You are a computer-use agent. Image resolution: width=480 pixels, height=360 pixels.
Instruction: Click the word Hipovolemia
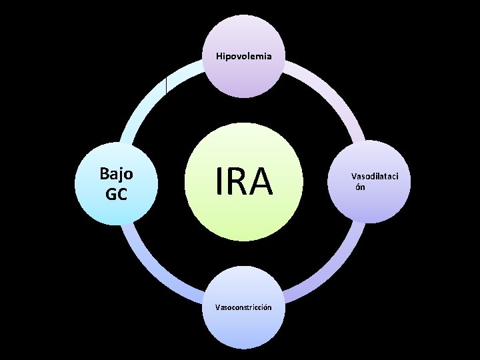[x=243, y=56]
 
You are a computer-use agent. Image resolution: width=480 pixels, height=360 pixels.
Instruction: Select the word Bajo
[x=116, y=174]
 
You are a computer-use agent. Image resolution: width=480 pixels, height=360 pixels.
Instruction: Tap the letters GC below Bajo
[x=116, y=194]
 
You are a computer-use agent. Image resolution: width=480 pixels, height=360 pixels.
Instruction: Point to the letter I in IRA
[x=219, y=181]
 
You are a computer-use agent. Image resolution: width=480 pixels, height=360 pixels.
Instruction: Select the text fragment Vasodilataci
[x=371, y=177]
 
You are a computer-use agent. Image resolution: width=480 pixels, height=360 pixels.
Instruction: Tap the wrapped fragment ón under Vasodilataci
[x=359, y=187]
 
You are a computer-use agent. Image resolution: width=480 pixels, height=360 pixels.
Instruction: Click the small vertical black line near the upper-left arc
[x=166, y=85]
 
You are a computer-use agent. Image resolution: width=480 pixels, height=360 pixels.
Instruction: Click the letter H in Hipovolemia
[x=219, y=56]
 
